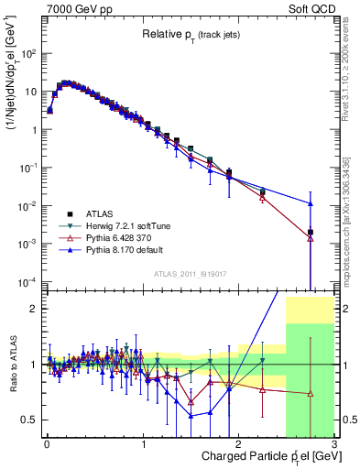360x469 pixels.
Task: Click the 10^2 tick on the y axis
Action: tap(27, 53)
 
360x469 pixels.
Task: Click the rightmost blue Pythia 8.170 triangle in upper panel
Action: tap(311, 203)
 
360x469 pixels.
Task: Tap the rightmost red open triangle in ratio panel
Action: tap(311, 394)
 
